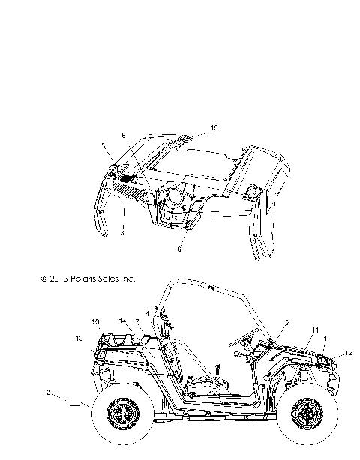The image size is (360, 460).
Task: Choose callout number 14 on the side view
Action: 121,321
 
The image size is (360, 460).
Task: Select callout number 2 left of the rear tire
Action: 48,392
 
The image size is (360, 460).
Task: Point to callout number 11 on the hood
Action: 316,331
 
